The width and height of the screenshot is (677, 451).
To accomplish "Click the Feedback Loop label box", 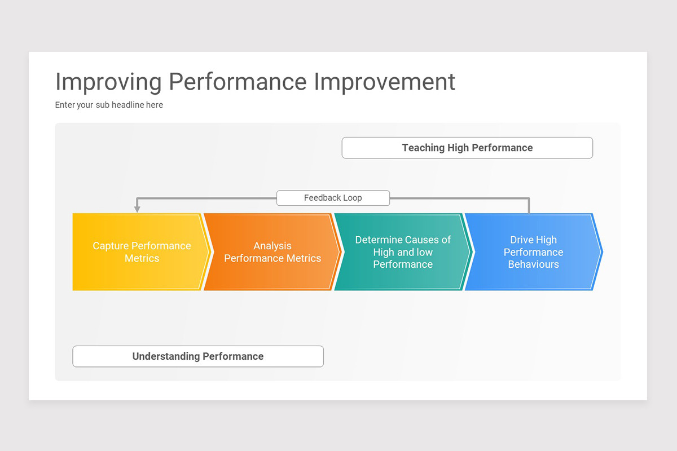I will [333, 198].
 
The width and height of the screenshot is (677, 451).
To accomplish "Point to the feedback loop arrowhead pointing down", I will [137, 209].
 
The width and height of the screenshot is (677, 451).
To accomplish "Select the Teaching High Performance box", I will [467, 148].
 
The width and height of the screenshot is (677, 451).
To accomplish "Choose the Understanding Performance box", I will [198, 356].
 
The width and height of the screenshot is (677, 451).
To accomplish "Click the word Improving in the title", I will [108, 82].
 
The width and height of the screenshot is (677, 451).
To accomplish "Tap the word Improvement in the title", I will [384, 82].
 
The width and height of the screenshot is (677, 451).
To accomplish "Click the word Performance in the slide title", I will [238, 82].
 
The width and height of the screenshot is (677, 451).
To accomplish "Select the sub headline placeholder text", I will [109, 105].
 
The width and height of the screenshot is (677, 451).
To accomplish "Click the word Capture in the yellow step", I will [111, 246].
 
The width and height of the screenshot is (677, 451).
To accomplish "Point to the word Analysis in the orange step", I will [272, 246].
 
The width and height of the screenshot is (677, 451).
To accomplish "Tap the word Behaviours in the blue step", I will [533, 264].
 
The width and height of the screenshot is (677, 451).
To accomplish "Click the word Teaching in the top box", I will [423, 148].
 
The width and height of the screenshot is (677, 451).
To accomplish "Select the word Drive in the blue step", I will [522, 240].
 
